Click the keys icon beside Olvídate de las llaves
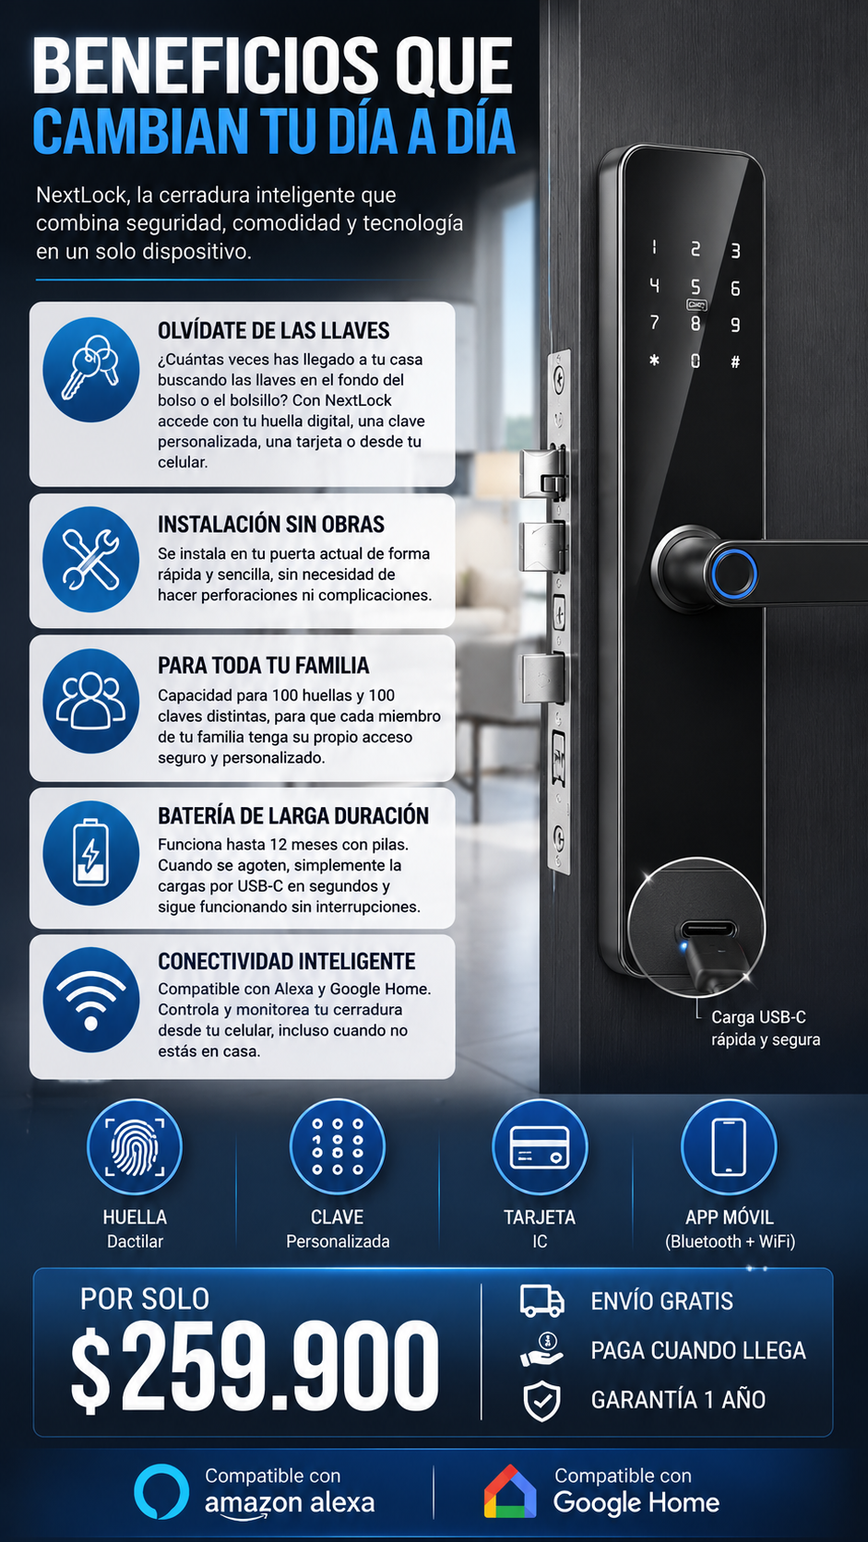(x=91, y=369)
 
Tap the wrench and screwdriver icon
(x=91, y=560)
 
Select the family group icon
(x=91, y=701)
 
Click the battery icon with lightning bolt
(x=91, y=852)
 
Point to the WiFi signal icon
(x=91, y=1000)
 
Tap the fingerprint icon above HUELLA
(x=135, y=1147)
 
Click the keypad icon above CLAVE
(x=338, y=1147)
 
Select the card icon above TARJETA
(x=540, y=1147)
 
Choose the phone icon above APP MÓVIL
(x=729, y=1147)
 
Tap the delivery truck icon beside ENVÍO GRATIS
(x=542, y=1300)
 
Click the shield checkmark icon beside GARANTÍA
(x=542, y=1400)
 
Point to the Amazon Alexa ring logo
(x=161, y=1491)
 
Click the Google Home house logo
(x=510, y=1492)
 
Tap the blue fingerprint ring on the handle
(x=734, y=574)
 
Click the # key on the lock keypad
(x=735, y=362)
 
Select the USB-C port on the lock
(x=709, y=929)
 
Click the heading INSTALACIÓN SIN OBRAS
(x=271, y=525)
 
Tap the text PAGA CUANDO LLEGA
(x=698, y=1350)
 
